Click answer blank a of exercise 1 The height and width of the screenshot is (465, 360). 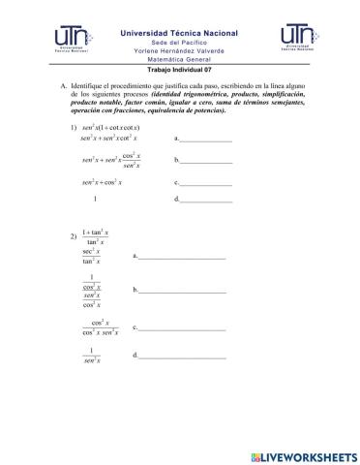tap(206, 140)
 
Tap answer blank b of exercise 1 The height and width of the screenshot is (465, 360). tap(206, 161)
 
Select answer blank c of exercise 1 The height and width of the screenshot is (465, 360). tap(206, 183)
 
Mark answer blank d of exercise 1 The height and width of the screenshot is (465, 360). tap(206, 201)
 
